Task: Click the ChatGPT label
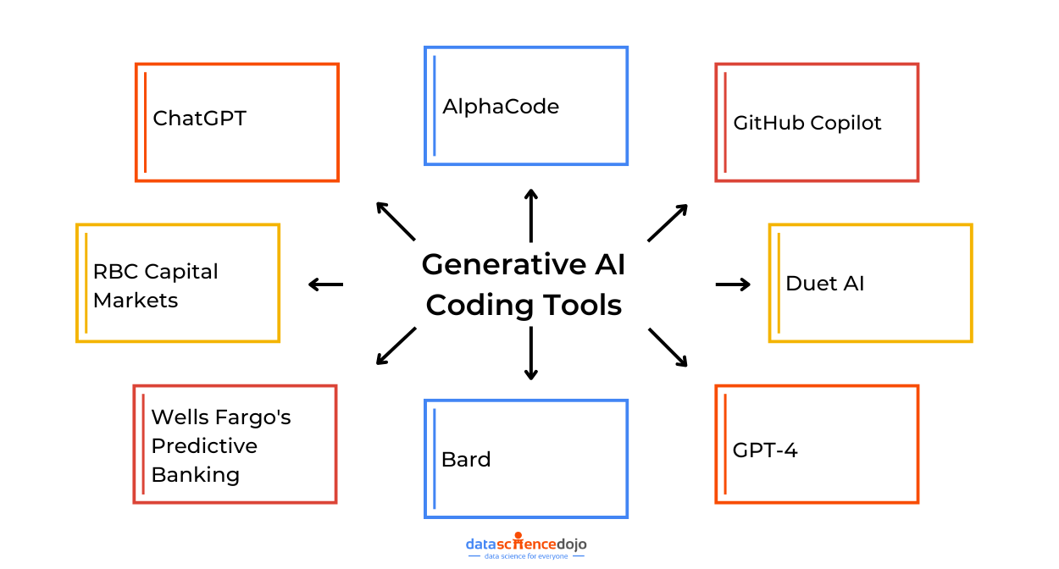click(x=199, y=119)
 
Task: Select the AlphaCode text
click(x=500, y=107)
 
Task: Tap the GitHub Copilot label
click(x=807, y=123)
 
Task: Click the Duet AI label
click(x=824, y=284)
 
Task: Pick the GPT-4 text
click(x=764, y=450)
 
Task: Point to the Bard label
click(x=466, y=460)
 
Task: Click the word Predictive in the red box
click(x=203, y=446)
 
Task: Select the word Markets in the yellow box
click(x=136, y=301)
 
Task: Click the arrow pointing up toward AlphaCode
click(x=530, y=216)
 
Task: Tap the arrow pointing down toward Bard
click(x=530, y=352)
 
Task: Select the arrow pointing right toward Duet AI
click(x=733, y=284)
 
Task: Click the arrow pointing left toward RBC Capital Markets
click(x=325, y=284)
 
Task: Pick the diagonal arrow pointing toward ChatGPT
click(x=396, y=221)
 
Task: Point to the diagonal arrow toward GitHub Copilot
click(x=668, y=222)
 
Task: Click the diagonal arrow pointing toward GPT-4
click(x=668, y=347)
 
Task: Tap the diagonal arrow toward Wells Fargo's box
click(x=396, y=346)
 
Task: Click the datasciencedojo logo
click(x=525, y=545)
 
